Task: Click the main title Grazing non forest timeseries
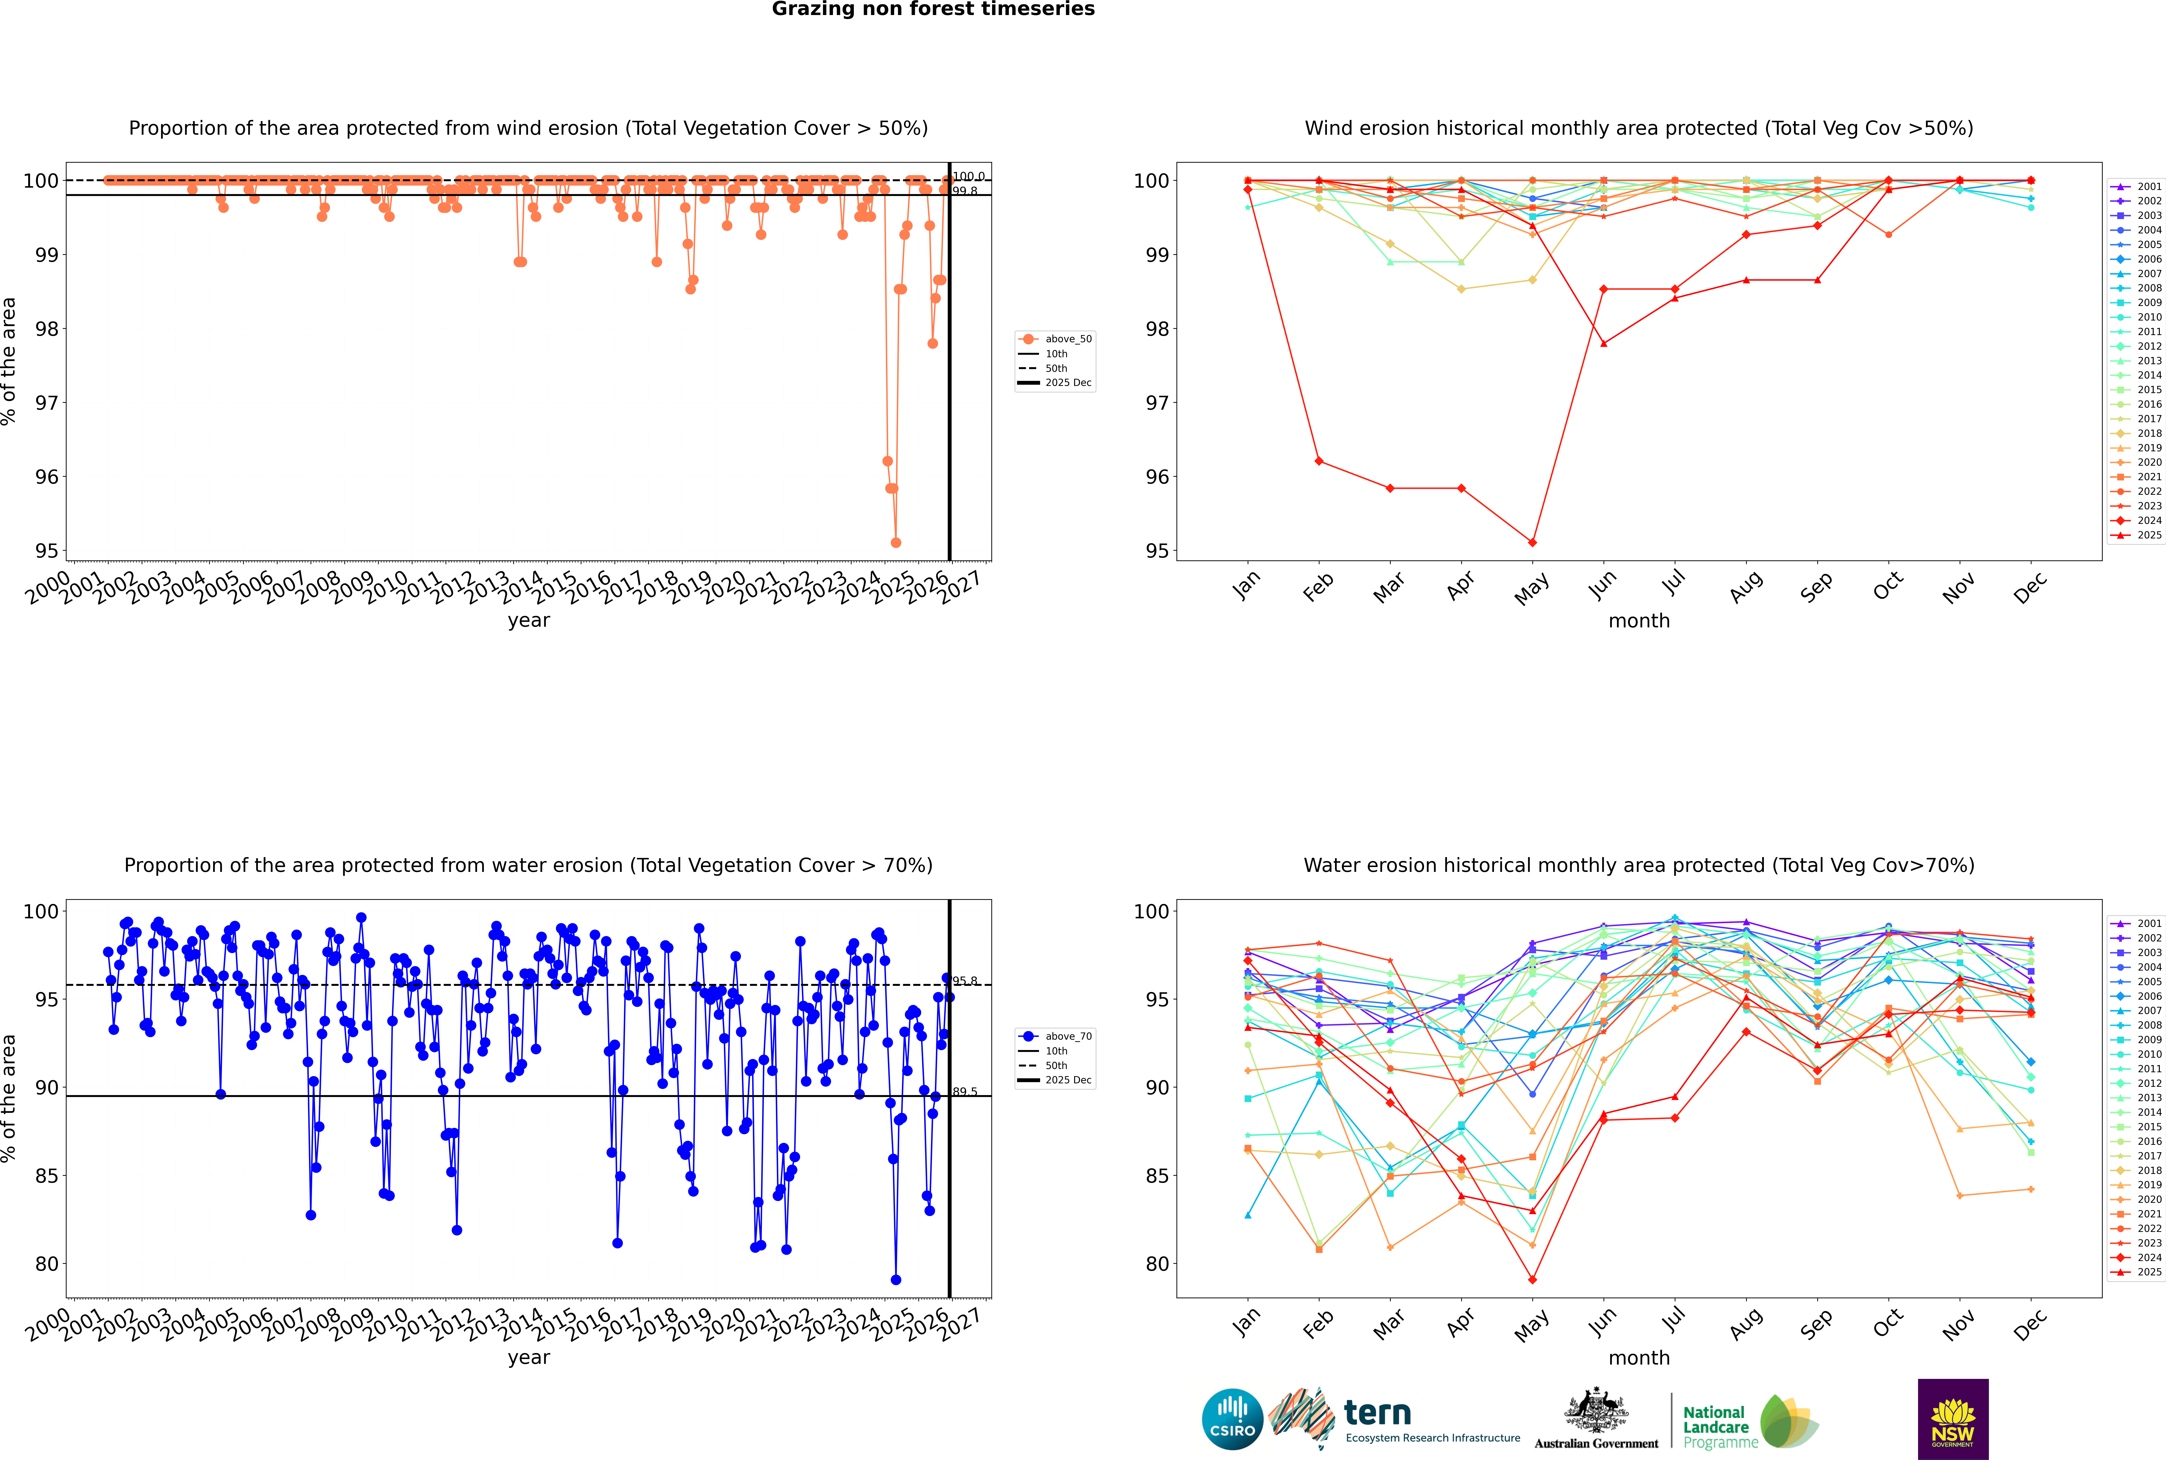pyautogui.click(x=933, y=9)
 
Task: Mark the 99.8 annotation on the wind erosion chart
pyautogui.click(x=965, y=191)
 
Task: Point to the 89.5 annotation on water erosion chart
pyautogui.click(x=965, y=1091)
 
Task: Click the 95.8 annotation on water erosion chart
pyautogui.click(x=965, y=980)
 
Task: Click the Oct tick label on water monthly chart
pyautogui.click(x=1888, y=1324)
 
